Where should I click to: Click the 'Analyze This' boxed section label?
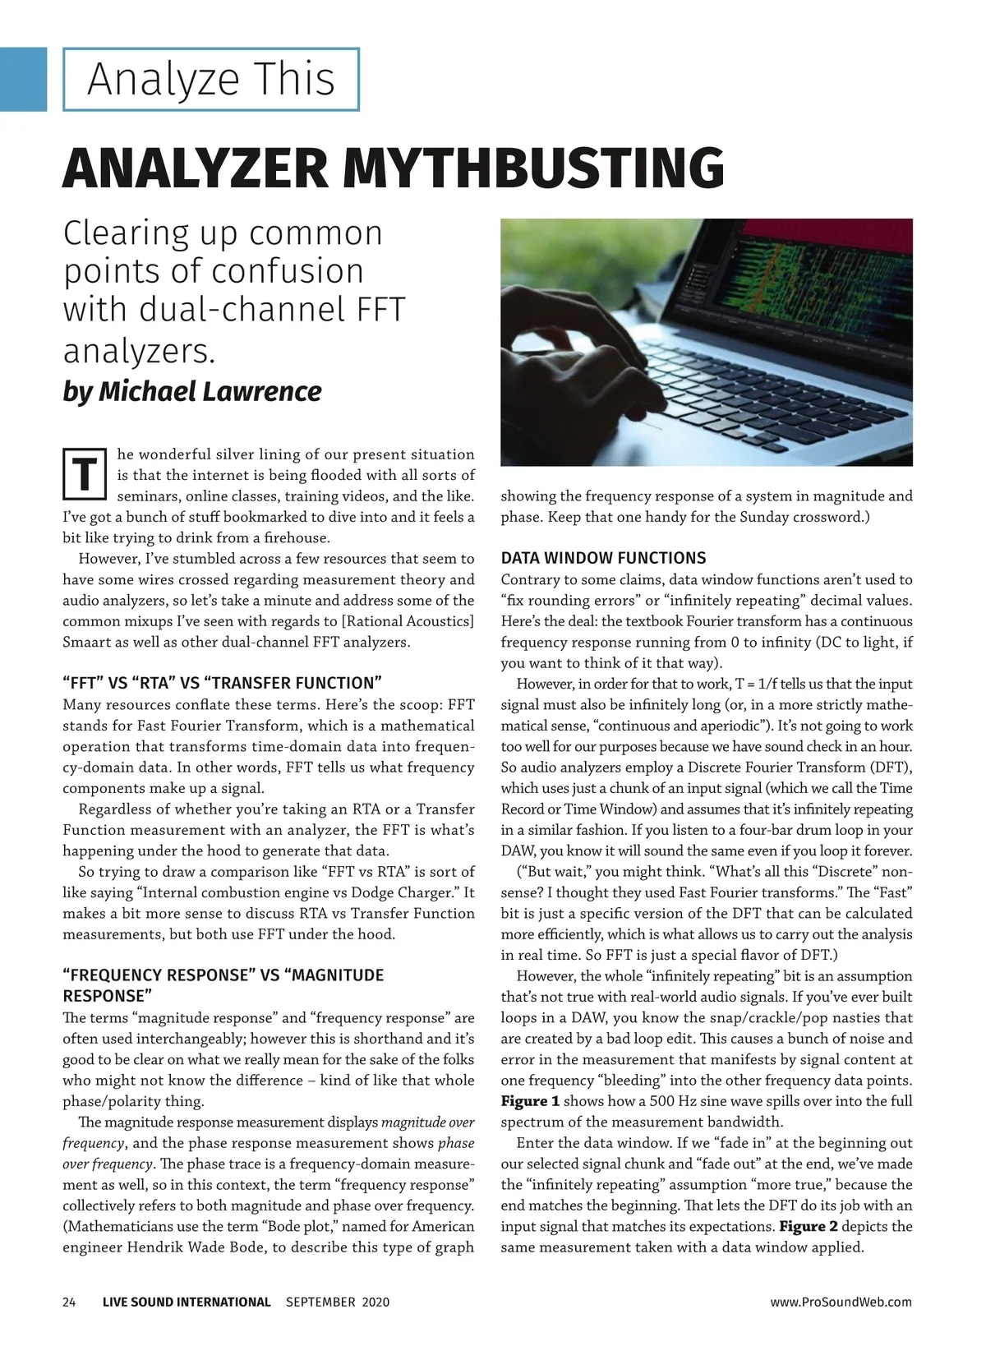click(x=211, y=80)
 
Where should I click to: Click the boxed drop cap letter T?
click(x=84, y=474)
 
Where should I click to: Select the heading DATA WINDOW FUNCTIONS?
click(x=603, y=558)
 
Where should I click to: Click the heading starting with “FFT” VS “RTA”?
click(x=223, y=683)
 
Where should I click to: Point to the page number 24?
click(x=70, y=1302)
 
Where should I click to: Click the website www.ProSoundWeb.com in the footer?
click(x=841, y=1302)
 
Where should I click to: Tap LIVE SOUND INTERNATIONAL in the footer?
click(x=187, y=1302)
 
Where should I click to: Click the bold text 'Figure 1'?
click(x=530, y=1101)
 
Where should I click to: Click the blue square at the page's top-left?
click(x=23, y=79)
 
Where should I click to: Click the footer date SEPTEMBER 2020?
click(x=338, y=1302)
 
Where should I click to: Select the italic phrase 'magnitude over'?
click(x=428, y=1122)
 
